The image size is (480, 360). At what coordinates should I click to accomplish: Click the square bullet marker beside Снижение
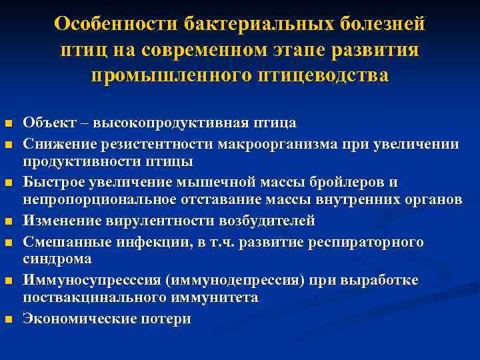tap(8, 144)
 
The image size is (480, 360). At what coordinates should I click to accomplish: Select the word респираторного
tap(365, 241)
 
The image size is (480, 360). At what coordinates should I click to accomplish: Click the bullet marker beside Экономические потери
tap(8, 320)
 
